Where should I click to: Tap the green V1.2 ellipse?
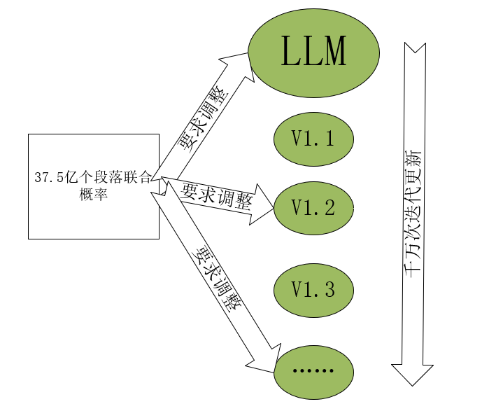coord(313,207)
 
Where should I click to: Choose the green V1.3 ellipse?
coord(313,289)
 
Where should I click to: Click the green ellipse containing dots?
coord(313,370)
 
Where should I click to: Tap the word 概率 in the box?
coord(94,193)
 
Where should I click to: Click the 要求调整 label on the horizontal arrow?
coord(217,195)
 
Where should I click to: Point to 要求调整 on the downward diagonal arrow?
coord(218,280)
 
